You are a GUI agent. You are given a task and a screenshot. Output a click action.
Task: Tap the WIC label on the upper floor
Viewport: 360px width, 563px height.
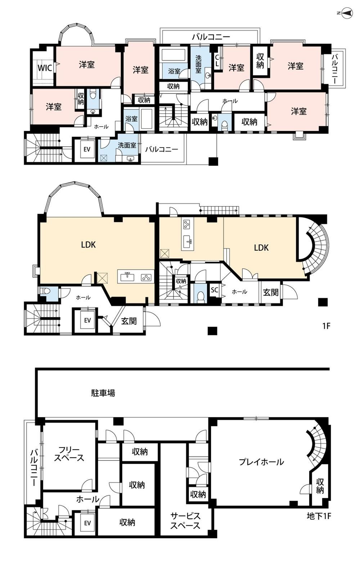pyautogui.click(x=45, y=68)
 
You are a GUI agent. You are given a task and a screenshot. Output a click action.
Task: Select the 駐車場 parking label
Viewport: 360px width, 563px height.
pyautogui.click(x=103, y=392)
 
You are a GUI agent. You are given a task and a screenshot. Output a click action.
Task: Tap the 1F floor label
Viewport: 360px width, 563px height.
pyautogui.click(x=326, y=326)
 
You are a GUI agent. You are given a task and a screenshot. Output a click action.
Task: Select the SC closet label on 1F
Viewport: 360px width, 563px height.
pyautogui.click(x=214, y=290)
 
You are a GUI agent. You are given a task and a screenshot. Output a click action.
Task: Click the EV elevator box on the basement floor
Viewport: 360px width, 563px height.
pyautogui.click(x=87, y=523)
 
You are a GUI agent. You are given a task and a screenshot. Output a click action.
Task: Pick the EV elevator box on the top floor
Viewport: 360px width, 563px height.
pyautogui.click(x=87, y=149)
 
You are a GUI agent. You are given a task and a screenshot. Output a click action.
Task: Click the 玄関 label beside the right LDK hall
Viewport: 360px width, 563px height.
pyautogui.click(x=271, y=292)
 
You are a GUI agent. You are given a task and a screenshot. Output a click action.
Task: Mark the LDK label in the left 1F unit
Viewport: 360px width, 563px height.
pyautogui.click(x=88, y=245)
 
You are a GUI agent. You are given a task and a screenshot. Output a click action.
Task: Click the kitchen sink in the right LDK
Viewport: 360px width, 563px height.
pyautogui.click(x=188, y=241)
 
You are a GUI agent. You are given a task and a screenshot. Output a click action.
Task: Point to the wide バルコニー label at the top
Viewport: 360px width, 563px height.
pyautogui.click(x=211, y=37)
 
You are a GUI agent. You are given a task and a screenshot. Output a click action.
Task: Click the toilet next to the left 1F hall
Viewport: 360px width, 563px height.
pyautogui.click(x=46, y=291)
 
